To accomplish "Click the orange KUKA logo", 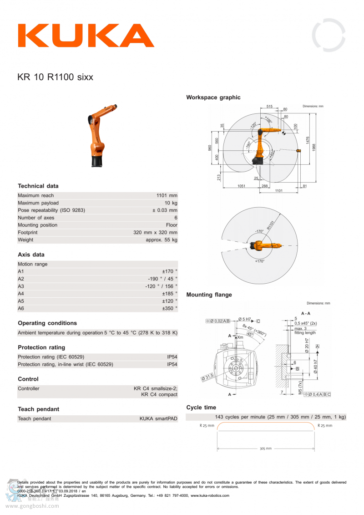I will [86, 36].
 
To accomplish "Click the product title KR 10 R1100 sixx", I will [55, 77].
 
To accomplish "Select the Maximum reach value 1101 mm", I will [167, 196].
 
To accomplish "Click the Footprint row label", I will [28, 232].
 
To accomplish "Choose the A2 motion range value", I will [162, 279].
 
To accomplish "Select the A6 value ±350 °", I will [169, 308].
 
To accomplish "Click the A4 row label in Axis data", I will [21, 294].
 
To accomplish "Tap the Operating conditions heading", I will [47, 323].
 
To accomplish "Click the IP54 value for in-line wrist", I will [172, 364].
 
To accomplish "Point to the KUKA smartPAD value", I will [158, 418].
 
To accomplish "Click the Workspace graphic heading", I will [213, 97].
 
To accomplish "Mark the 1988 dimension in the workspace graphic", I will [314, 147].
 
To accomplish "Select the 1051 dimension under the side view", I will [241, 186].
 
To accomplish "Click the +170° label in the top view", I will [260, 261].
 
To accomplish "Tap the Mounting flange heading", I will [209, 295].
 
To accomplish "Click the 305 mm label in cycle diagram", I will [266, 449].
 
